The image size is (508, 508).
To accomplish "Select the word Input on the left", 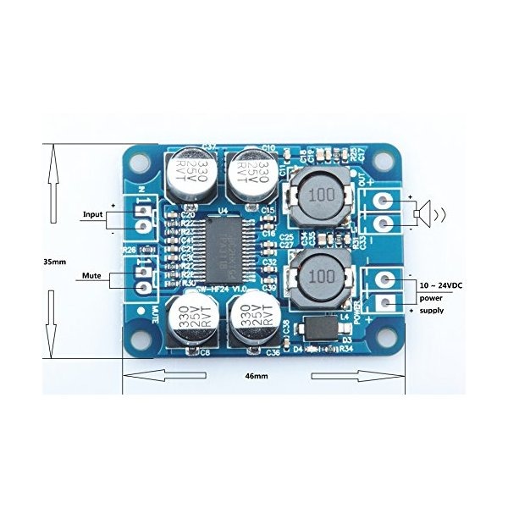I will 92,214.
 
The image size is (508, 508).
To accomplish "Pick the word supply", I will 432,311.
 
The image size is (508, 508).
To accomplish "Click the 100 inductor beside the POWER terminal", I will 320,276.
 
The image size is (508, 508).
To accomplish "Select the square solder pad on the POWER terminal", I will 384,302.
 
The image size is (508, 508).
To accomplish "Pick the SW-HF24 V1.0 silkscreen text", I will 222,289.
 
